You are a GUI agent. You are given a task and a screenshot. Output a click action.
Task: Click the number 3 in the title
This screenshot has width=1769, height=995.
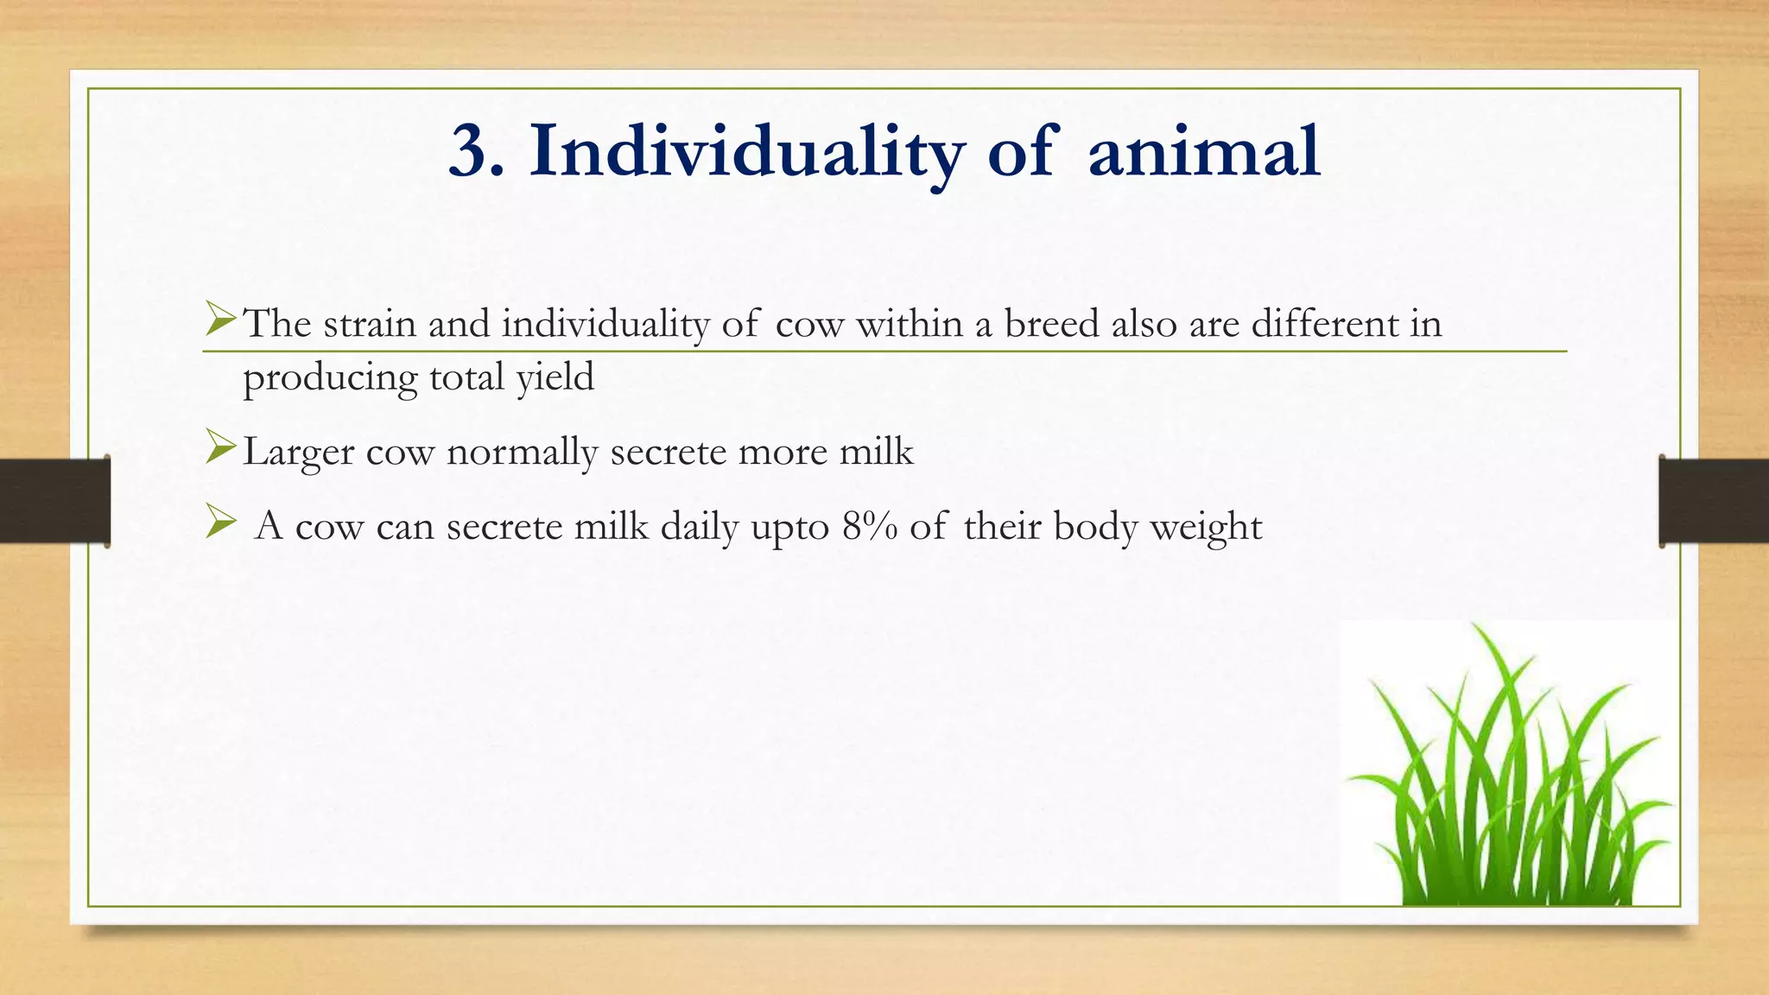click(470, 153)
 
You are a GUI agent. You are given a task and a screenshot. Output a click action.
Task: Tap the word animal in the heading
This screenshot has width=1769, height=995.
click(1204, 153)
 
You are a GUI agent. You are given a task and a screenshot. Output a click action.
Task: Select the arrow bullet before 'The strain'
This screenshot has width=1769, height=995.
click(220, 320)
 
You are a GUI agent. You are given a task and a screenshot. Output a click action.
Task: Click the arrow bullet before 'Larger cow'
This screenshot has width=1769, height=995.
click(220, 448)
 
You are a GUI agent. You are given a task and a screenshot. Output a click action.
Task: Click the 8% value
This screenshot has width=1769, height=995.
click(869, 526)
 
